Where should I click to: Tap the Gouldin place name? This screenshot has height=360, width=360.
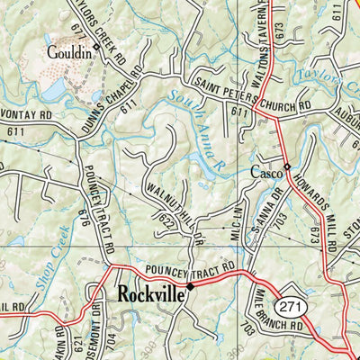coord(69,53)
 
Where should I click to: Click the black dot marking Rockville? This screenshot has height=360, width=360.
coord(190,287)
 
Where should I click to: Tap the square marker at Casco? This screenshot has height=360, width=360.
coord(286,167)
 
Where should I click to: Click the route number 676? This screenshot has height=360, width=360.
coord(85,216)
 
